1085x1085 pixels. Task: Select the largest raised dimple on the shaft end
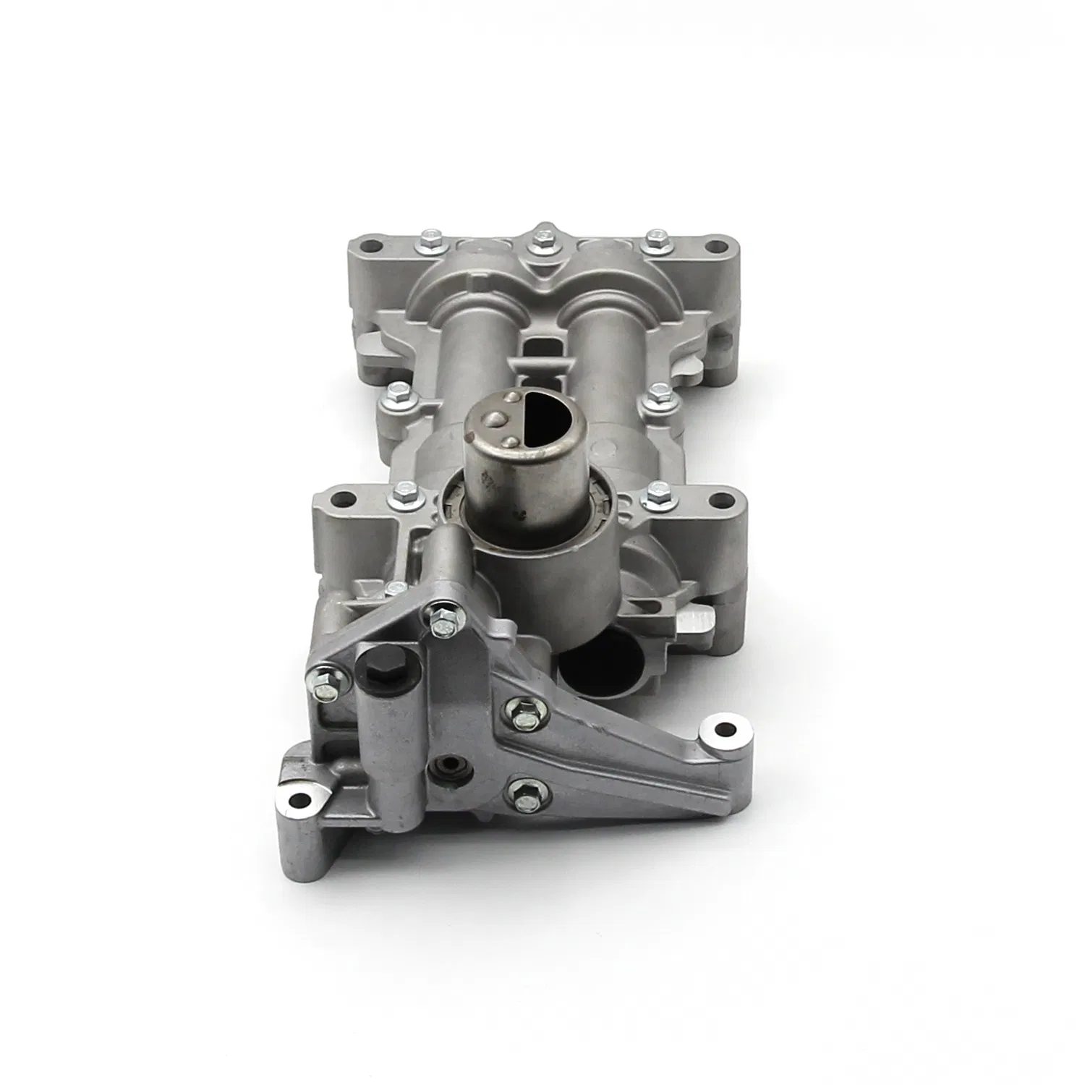click(x=493, y=417)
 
